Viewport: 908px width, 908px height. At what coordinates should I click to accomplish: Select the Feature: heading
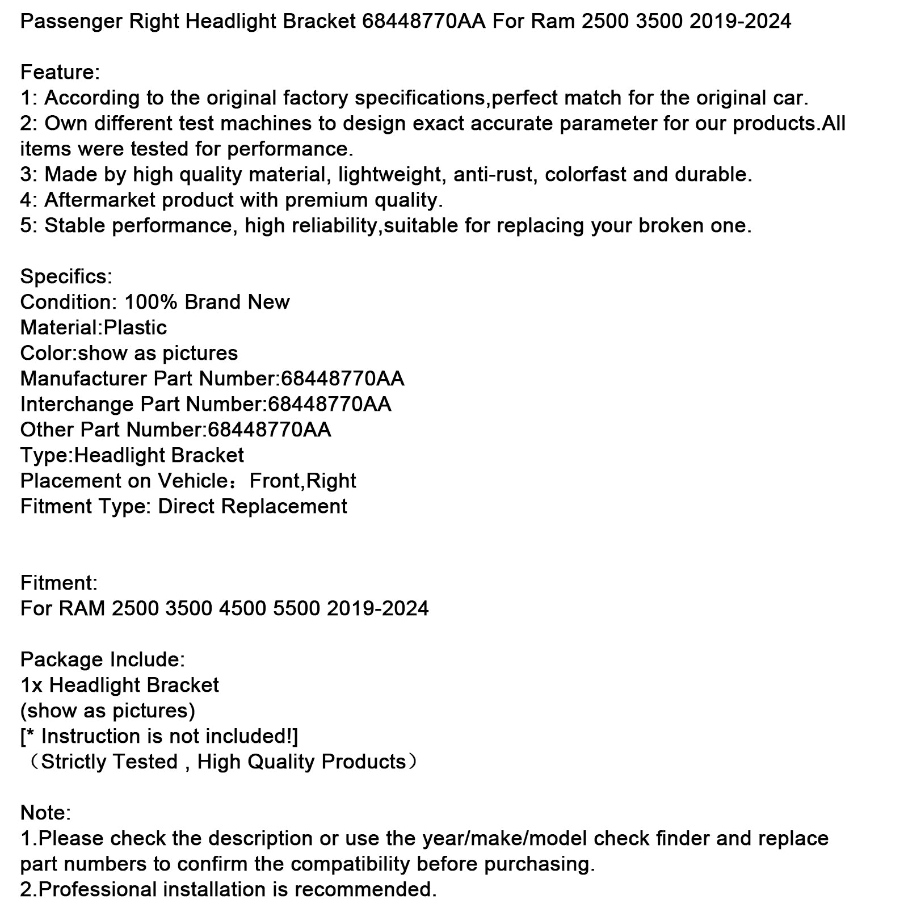[x=60, y=72]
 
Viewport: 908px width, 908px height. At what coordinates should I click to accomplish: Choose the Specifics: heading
[x=66, y=276]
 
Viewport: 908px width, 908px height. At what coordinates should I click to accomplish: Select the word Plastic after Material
[x=136, y=327]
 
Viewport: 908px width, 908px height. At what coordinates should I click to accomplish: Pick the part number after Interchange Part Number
[x=330, y=404]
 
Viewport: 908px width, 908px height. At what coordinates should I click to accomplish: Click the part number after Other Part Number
[x=270, y=430]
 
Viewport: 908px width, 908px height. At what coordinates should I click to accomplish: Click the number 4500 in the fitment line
[x=243, y=608]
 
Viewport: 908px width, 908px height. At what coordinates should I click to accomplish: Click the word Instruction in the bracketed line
[x=83, y=736]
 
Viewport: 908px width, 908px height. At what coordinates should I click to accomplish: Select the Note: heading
[x=45, y=813]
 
